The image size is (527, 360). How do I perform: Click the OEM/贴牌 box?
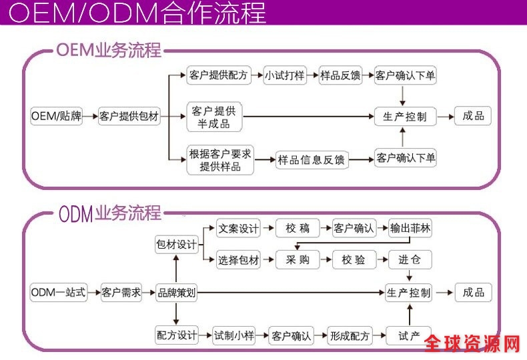coord(57,116)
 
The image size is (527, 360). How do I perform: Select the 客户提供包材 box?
coord(129,116)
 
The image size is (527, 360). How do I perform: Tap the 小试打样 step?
coord(284,75)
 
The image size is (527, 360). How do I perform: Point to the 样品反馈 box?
coord(340,75)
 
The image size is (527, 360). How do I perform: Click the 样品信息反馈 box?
coord(312,159)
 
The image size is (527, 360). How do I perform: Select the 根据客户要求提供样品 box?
coord(220,160)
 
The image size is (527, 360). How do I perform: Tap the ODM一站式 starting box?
coord(59,292)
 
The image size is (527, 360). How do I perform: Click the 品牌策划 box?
coord(176,292)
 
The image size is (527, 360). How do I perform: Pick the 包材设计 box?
coord(176,245)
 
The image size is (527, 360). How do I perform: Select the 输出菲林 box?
coord(410,229)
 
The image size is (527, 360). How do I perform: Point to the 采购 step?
coord(298,260)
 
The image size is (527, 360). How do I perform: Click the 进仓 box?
coord(410,260)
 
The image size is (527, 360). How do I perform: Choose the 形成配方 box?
coord(350,335)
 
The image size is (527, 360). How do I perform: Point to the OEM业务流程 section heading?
coord(108,50)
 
